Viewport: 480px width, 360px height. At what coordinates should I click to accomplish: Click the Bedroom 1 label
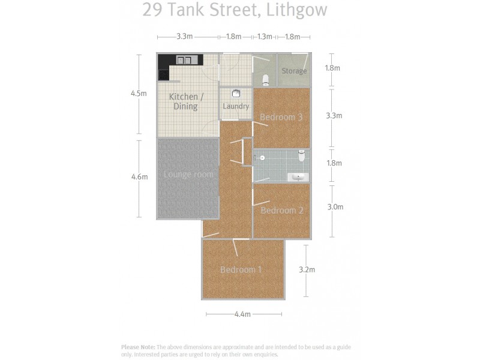(241, 269)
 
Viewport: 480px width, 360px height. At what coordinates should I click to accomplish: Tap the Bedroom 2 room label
(282, 211)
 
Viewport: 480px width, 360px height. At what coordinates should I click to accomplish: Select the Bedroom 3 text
(281, 117)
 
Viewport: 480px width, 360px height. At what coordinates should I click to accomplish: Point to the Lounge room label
(188, 175)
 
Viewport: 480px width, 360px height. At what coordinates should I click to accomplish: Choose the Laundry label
(236, 106)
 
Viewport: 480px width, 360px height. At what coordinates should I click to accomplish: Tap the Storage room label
(294, 71)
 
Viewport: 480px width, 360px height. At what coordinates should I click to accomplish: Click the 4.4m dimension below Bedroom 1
(242, 314)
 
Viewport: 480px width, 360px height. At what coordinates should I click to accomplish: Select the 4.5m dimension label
(139, 94)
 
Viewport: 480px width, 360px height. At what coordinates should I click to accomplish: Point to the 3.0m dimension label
(335, 207)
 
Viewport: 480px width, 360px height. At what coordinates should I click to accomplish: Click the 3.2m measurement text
(307, 269)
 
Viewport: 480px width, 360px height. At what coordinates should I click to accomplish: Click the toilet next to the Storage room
(265, 80)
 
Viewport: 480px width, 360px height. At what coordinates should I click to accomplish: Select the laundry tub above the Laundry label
(236, 93)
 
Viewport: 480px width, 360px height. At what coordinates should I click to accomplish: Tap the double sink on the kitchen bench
(185, 60)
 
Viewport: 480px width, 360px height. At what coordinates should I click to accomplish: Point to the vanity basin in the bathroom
(298, 176)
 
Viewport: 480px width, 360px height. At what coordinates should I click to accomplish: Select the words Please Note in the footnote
(138, 347)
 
